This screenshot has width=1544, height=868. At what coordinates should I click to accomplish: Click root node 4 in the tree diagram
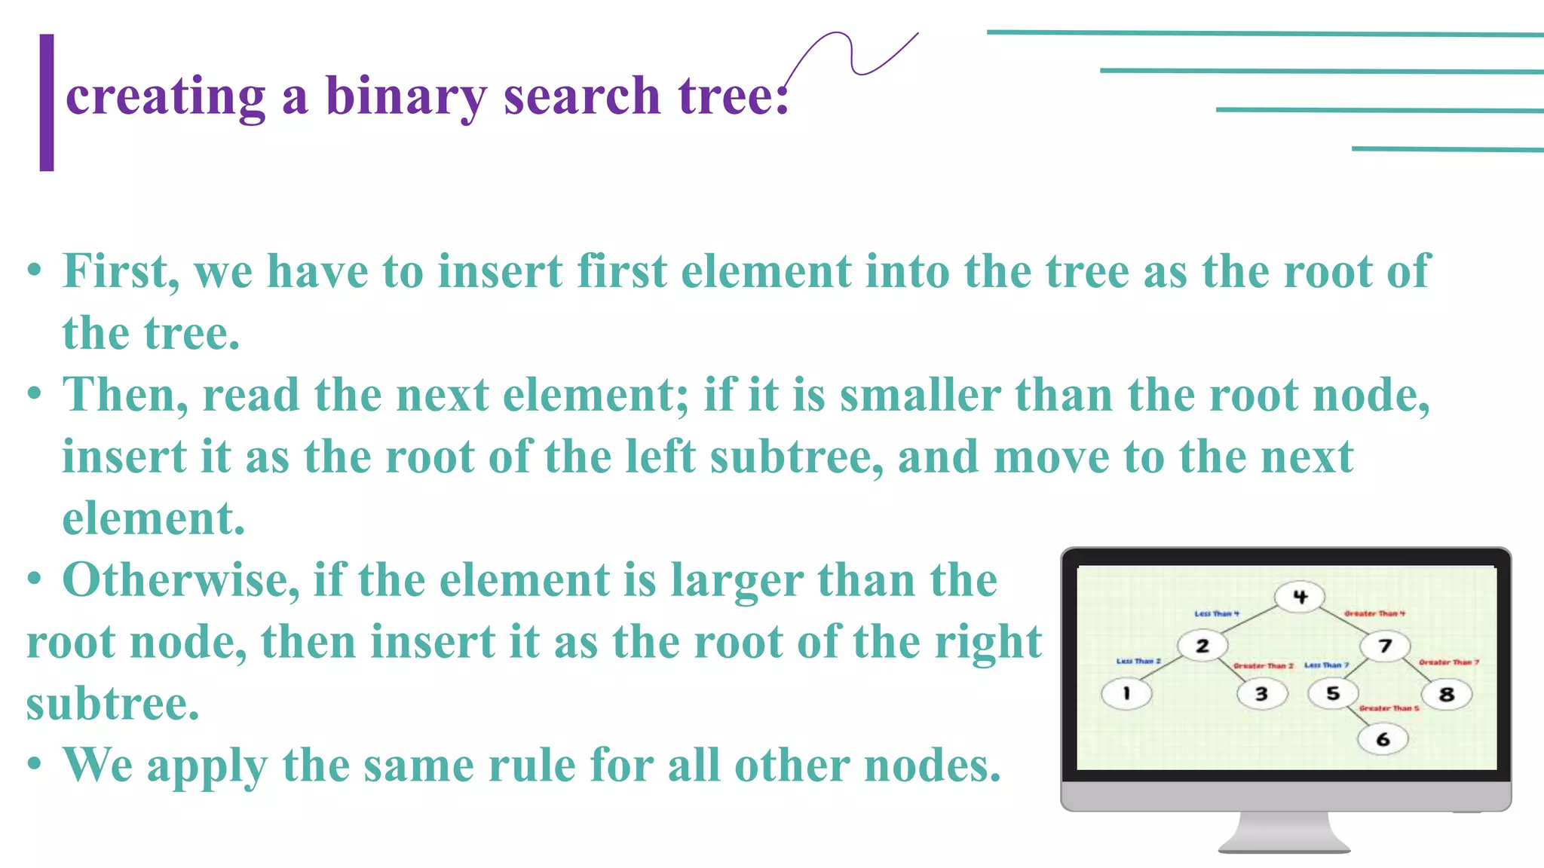[1300, 597]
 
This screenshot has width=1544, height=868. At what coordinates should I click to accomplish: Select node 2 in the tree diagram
[1202, 646]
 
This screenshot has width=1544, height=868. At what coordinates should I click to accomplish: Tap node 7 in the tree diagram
[1385, 646]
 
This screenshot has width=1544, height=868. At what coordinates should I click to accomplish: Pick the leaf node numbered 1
[1126, 693]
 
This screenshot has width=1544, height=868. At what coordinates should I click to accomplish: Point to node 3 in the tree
[1261, 693]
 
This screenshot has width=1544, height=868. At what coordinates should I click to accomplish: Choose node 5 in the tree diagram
[1333, 693]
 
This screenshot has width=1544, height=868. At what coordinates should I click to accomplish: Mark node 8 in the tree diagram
[1446, 694]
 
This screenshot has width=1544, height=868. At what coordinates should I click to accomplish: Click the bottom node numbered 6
[1383, 739]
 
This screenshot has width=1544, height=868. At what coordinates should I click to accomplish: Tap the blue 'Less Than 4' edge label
[1216, 614]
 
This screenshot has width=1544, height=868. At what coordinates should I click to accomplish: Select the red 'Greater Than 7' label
[1448, 662]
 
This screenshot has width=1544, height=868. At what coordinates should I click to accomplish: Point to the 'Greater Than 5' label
[1389, 708]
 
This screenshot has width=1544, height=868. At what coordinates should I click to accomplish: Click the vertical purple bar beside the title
[47, 102]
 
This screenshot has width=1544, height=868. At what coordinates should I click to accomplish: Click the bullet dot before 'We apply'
[34, 764]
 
